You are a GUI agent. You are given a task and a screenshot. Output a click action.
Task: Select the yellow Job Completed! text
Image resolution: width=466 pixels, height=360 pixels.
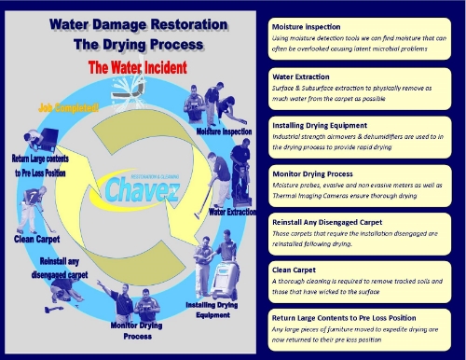[x=68, y=108]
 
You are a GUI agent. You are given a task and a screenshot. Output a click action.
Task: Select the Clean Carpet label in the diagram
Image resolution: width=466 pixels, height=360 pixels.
[x=38, y=238]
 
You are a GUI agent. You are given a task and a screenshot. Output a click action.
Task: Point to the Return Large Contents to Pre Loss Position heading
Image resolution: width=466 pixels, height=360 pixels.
[x=359, y=318]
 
